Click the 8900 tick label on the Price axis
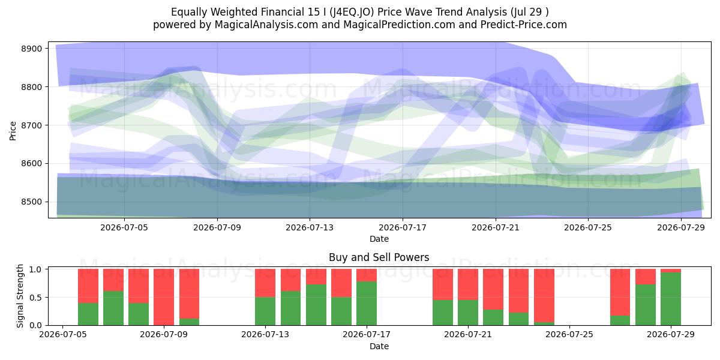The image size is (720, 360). point(31,49)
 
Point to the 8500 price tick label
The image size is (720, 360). point(31,202)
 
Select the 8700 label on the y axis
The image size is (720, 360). point(31,125)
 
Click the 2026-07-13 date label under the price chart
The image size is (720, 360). point(310,227)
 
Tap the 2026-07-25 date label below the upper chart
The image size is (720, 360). point(588,227)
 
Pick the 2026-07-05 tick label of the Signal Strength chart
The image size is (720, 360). point(62,335)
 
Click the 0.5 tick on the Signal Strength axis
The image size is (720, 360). point(35,298)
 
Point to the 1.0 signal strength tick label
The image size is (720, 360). point(35,269)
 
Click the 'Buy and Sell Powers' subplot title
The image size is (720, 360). point(379,257)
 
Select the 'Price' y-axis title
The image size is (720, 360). point(13,131)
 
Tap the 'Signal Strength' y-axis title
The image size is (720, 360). point(20,296)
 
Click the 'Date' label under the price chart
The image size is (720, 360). point(379,239)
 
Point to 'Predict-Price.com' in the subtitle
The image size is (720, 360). point(524,25)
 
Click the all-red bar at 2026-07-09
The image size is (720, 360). point(164,297)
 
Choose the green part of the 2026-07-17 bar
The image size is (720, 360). point(367,303)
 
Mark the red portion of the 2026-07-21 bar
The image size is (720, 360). point(468,284)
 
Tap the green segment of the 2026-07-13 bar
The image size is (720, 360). point(265,311)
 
